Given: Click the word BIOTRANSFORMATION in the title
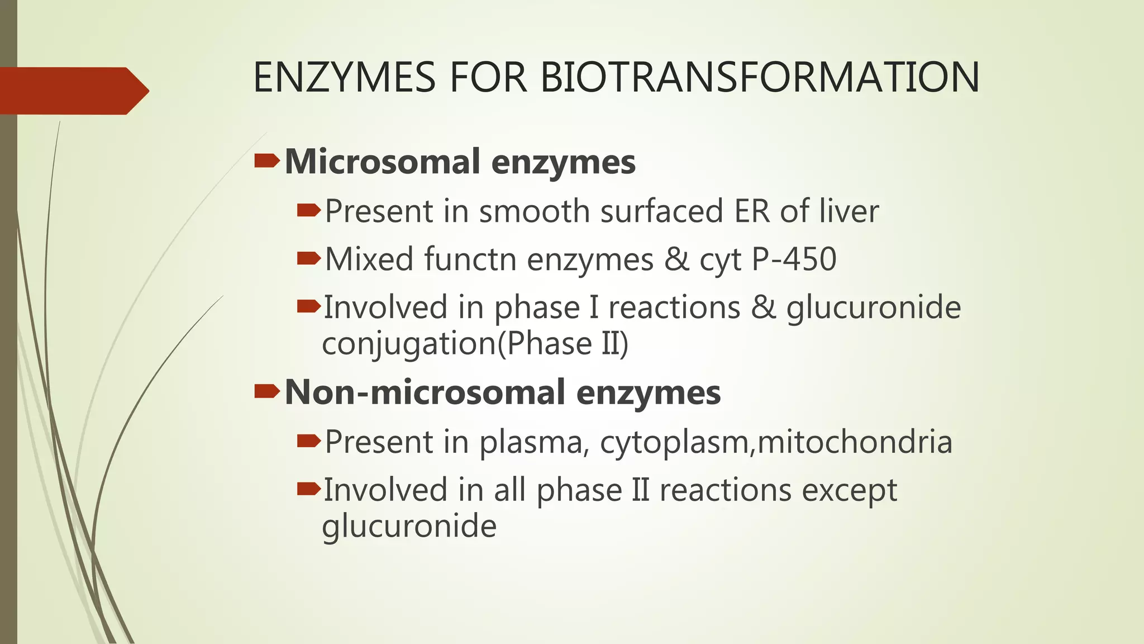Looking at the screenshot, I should pyautogui.click(x=760, y=77).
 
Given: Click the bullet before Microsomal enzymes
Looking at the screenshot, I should pyautogui.click(x=267, y=162).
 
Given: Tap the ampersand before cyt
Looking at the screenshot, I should pyautogui.click(x=676, y=259).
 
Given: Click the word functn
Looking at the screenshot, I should pyautogui.click(x=470, y=259).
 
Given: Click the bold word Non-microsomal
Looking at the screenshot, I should pyautogui.click(x=425, y=392).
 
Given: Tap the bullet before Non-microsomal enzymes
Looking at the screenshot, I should pyautogui.click(x=267, y=392).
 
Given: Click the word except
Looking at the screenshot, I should pyautogui.click(x=849, y=490).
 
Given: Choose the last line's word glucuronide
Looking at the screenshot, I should pyautogui.click(x=409, y=526).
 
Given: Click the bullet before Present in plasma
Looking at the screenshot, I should pyautogui.click(x=309, y=442).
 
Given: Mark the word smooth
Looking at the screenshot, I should pyautogui.click(x=534, y=211).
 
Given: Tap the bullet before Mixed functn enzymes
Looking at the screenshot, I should pyautogui.click(x=309, y=258).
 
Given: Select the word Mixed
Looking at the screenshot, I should pyautogui.click(x=369, y=259).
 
